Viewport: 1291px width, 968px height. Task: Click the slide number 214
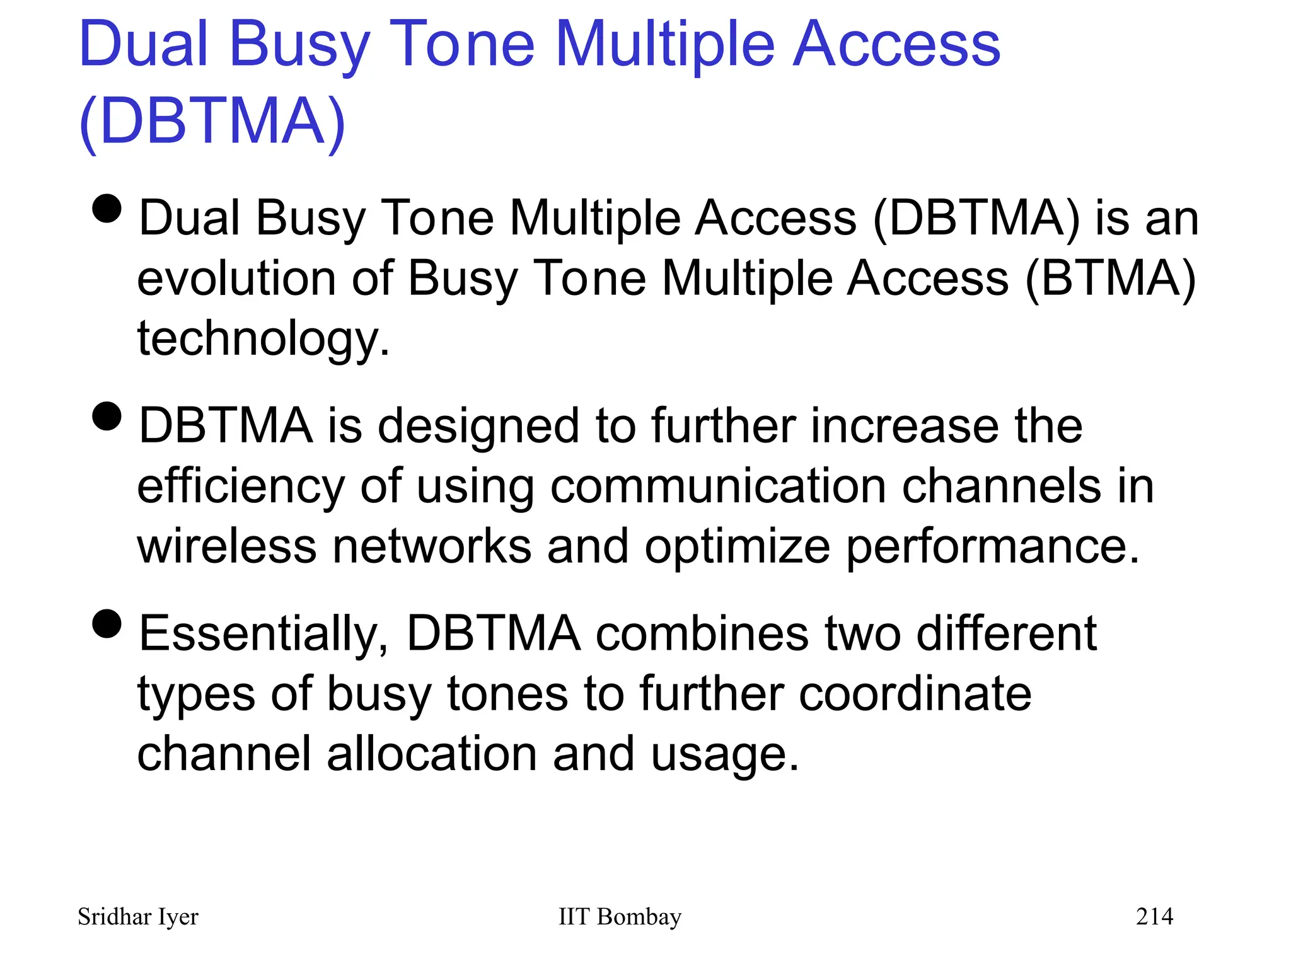coord(1154,916)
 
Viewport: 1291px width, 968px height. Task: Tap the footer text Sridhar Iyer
coord(137,917)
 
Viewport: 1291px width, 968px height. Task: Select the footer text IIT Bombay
coord(620,916)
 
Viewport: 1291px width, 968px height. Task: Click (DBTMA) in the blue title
coord(212,121)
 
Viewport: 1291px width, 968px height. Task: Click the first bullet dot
coord(107,208)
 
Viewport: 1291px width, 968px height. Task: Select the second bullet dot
coord(107,416)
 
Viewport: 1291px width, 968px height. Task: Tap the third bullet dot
coord(107,623)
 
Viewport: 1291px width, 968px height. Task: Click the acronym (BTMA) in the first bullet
coord(1110,279)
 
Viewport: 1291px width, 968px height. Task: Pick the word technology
coord(263,338)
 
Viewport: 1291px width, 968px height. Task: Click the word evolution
coord(236,279)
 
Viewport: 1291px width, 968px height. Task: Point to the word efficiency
coord(241,487)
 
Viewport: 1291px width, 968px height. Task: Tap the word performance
coord(992,547)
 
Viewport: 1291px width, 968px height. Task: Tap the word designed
coord(478,427)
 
